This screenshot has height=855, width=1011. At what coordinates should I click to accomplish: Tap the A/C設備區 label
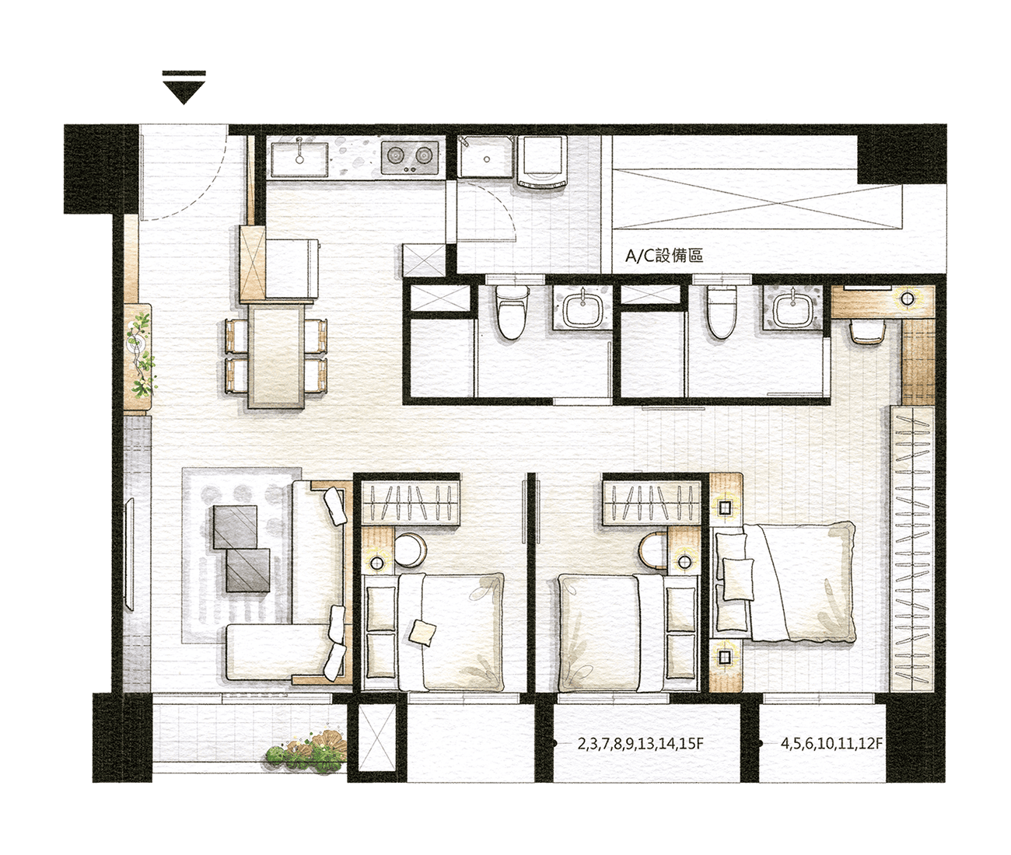[664, 256]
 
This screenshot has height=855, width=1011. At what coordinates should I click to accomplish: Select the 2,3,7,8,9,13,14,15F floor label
[640, 744]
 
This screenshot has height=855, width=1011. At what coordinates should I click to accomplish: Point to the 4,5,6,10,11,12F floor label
[832, 744]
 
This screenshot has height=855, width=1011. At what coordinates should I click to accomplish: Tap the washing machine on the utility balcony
[541, 162]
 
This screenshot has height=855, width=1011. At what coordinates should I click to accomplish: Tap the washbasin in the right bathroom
[792, 309]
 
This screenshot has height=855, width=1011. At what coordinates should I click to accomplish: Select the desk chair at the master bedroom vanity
[866, 333]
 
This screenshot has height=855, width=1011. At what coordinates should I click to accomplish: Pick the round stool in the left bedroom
[410, 550]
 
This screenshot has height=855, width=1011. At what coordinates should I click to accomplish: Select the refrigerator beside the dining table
[292, 268]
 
